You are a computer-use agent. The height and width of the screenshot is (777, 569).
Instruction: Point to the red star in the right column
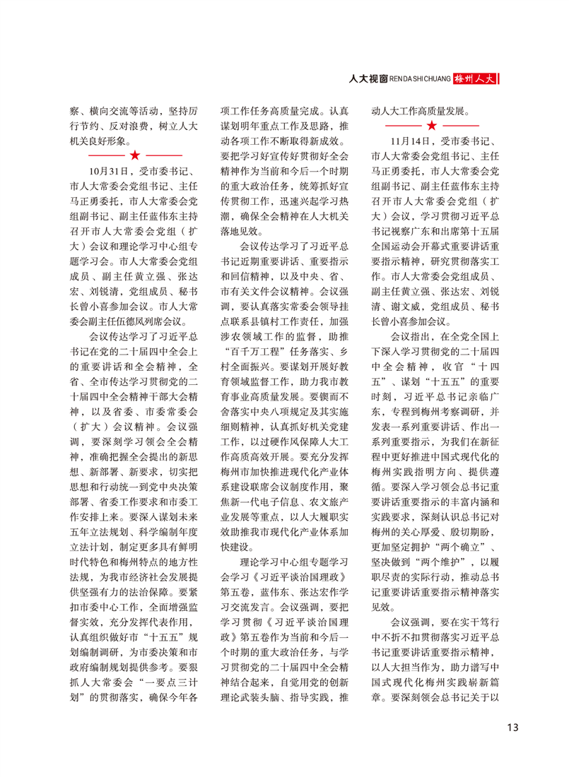432,126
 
